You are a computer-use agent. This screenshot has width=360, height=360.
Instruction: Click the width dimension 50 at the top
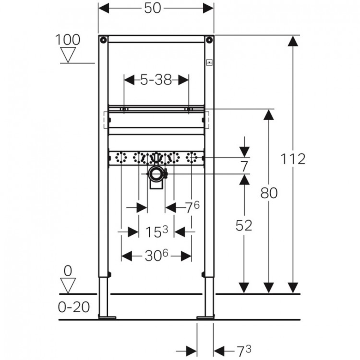point(156,9)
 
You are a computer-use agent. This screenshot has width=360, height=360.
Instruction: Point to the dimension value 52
point(244,226)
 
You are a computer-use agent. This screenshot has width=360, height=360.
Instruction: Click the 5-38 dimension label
point(156,80)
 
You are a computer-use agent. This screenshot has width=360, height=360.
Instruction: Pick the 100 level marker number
point(68,40)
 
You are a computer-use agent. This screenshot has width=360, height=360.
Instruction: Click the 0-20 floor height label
point(75,307)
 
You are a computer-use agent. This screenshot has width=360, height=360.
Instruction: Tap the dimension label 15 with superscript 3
point(156,232)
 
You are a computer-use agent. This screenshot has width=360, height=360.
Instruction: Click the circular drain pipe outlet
point(156,174)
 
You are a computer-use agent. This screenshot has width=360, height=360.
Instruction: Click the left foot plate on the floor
point(107,317)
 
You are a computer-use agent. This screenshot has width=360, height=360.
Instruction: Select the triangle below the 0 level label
point(68,286)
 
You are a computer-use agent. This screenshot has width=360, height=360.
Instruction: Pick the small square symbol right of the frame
point(209,62)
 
